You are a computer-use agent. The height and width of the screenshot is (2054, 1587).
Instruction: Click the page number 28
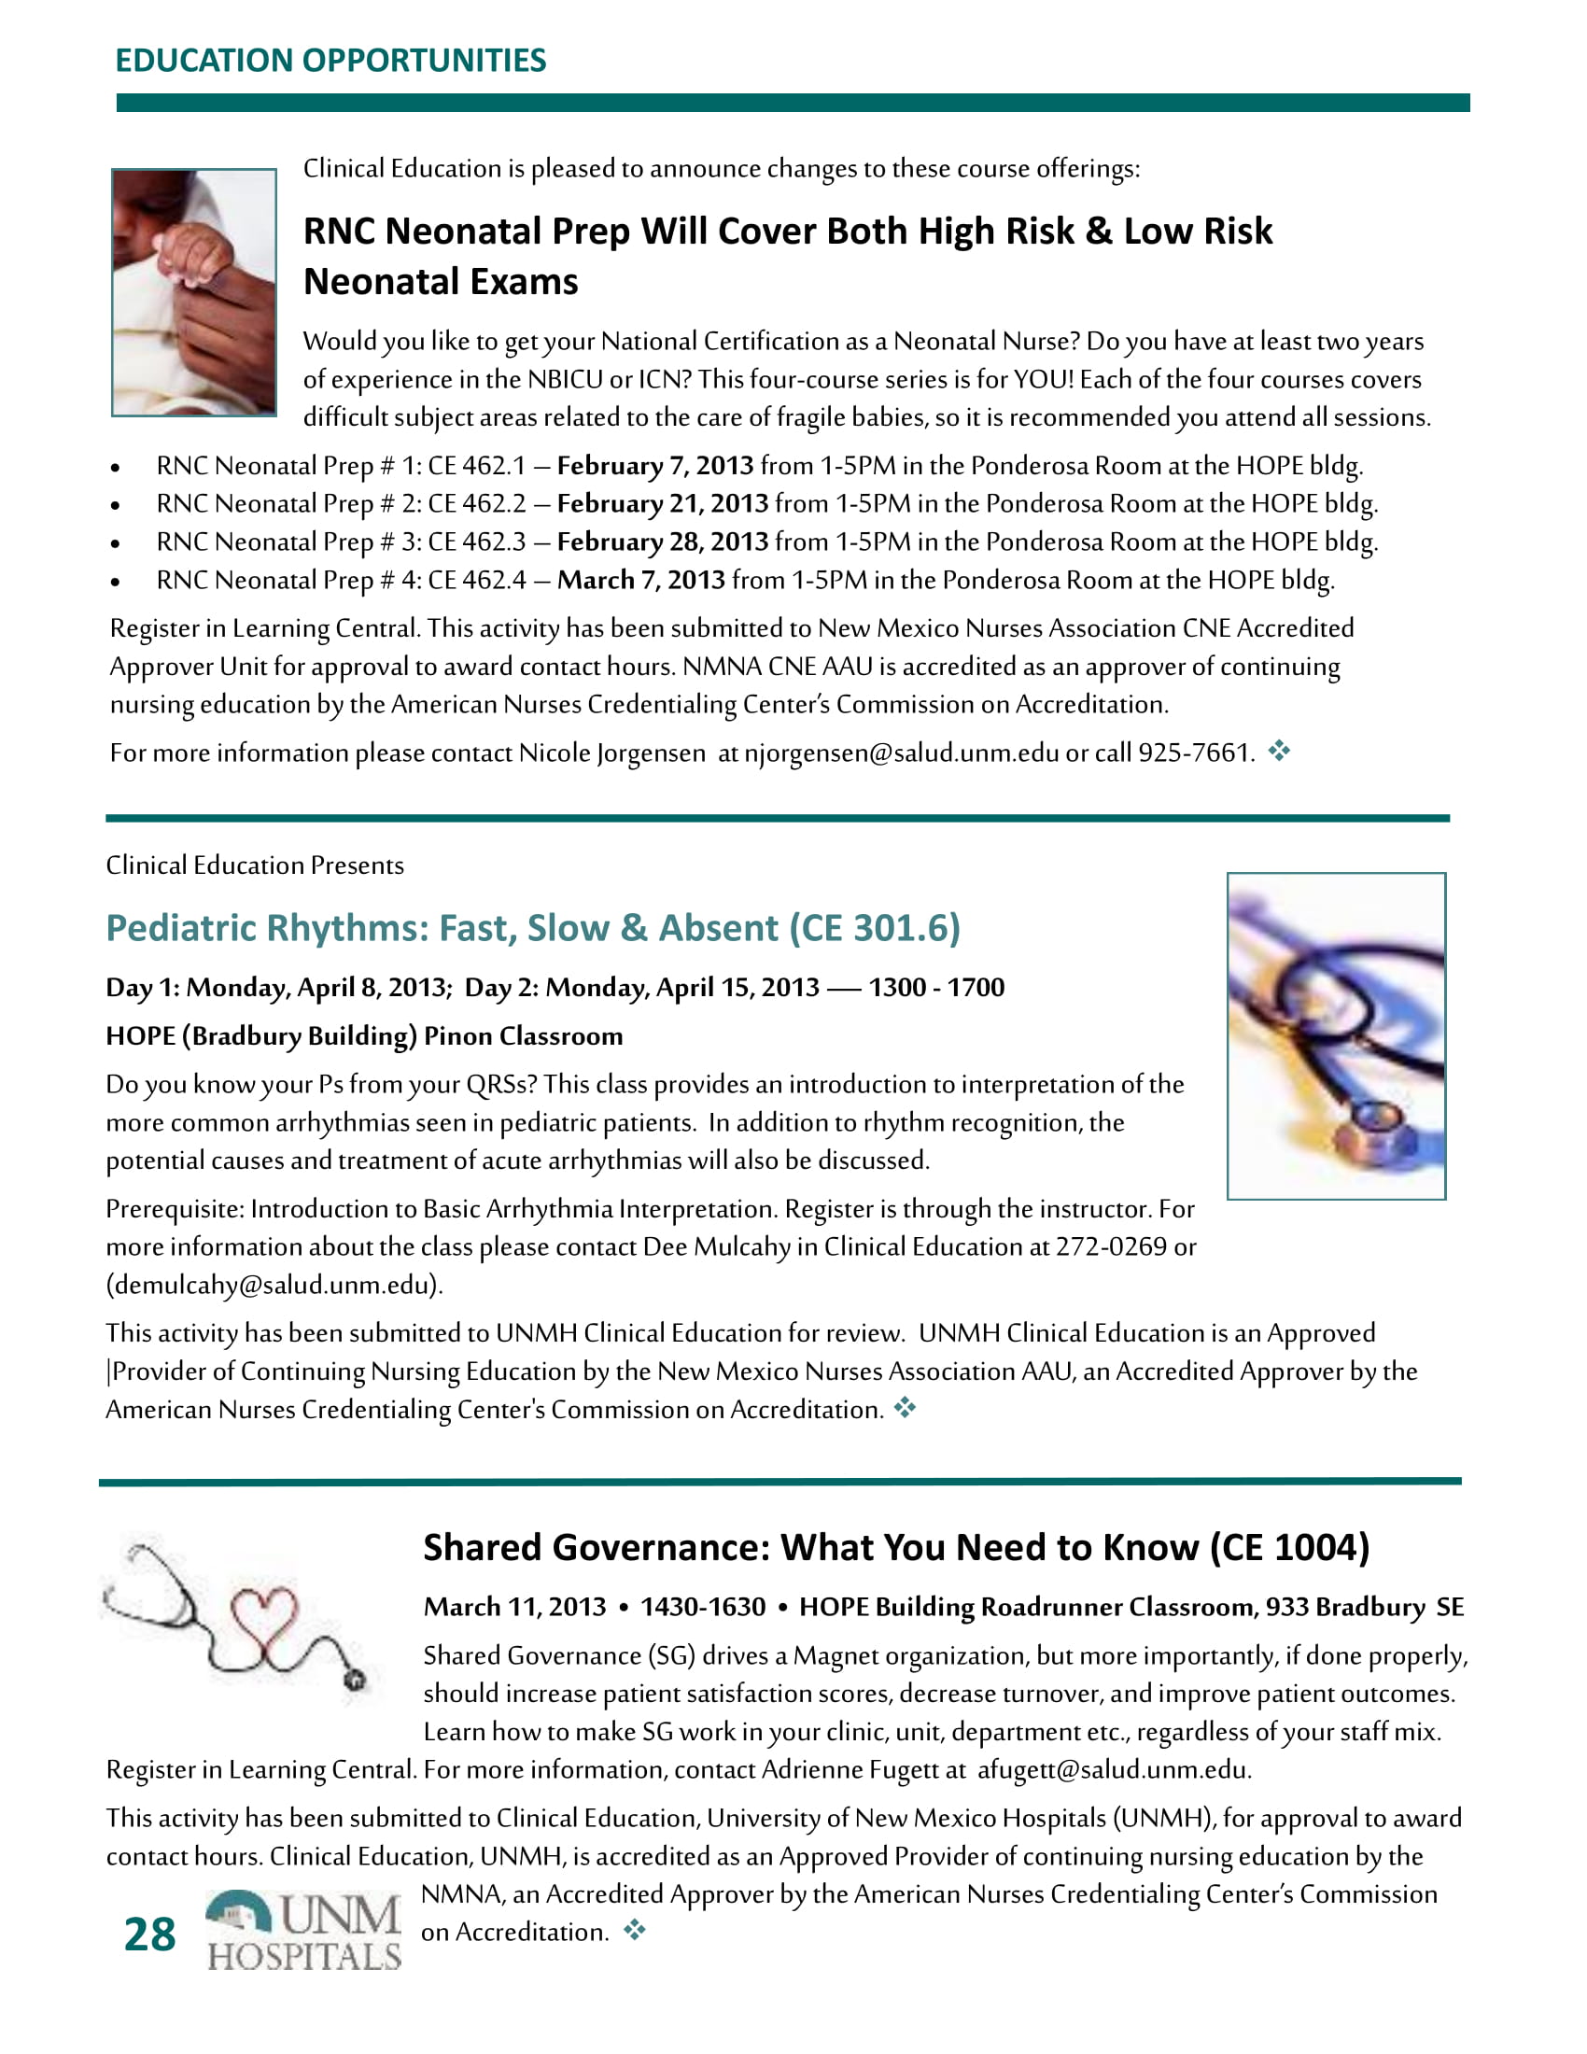tap(149, 1934)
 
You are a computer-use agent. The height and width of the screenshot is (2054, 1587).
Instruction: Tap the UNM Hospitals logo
tap(303, 1930)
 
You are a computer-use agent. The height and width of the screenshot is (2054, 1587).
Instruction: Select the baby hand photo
tap(193, 291)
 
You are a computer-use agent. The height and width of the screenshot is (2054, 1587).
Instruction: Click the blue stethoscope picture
tap(1335, 1035)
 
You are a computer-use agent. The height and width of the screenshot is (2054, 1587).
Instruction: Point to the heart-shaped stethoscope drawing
tap(237, 1616)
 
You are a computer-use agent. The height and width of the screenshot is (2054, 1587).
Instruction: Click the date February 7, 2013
tap(655, 466)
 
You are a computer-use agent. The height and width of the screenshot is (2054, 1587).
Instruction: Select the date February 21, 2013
tap(663, 504)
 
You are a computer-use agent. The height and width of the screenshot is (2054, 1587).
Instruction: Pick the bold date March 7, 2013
tap(640, 581)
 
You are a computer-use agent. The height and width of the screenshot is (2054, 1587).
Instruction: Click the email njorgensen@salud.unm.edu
tap(901, 753)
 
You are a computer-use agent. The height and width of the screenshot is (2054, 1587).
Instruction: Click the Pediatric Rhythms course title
tap(532, 928)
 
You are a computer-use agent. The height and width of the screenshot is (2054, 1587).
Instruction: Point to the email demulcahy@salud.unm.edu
tap(274, 1286)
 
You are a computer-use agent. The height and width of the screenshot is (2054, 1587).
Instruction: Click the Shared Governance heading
tap(895, 1548)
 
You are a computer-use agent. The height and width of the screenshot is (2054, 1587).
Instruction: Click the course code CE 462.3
tap(477, 542)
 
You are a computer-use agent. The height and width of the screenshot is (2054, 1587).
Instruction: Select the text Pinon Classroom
tap(523, 1036)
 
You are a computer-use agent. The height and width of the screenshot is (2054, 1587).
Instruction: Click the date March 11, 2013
tap(514, 1608)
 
